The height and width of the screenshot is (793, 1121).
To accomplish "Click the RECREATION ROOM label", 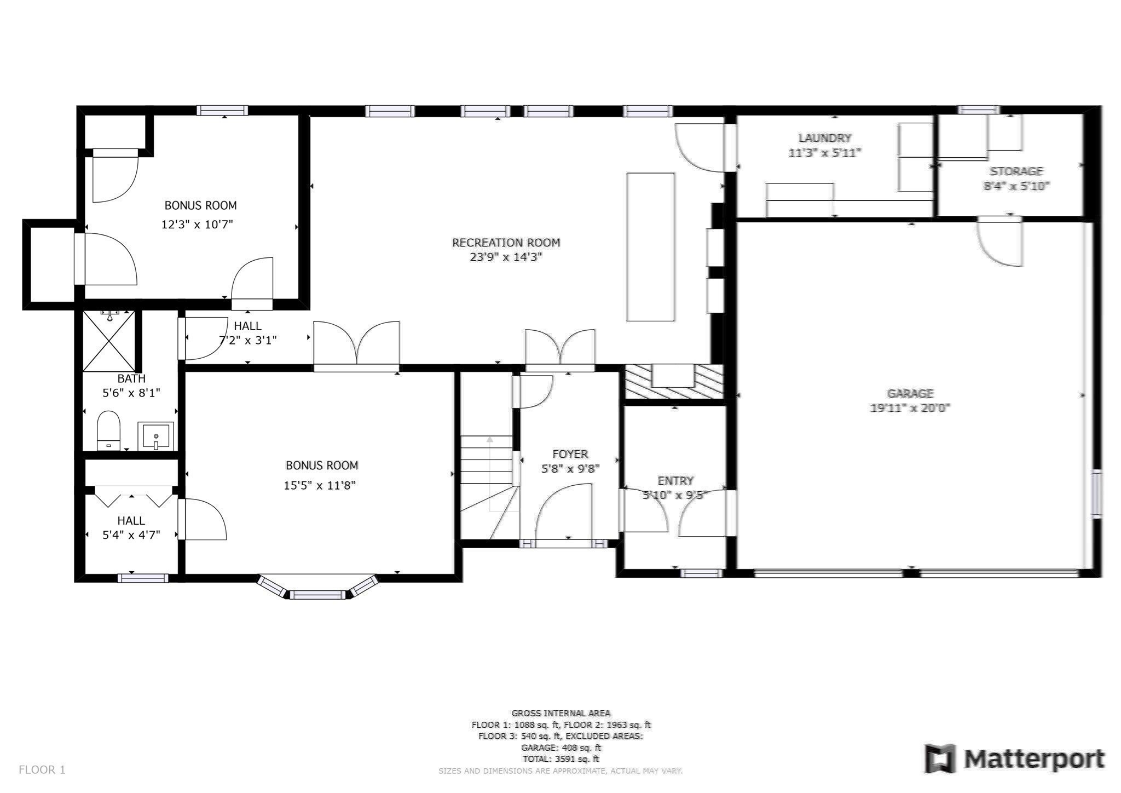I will point(506,242).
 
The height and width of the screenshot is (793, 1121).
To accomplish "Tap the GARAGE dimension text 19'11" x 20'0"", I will point(910,408).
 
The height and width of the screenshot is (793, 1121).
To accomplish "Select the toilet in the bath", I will point(108,430).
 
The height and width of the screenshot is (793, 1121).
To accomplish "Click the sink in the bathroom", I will point(155,436).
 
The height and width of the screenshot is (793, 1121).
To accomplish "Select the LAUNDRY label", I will point(824,138).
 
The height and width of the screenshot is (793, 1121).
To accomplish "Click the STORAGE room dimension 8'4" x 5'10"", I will point(1016,186).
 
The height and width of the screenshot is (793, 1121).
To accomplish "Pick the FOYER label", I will point(570,454).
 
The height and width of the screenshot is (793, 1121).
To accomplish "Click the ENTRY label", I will point(675,481).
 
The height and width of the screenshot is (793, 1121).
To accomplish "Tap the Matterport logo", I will point(1014,759).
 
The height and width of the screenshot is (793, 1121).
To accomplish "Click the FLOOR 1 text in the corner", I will point(42,769).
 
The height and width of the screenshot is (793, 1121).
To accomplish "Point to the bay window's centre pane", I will point(317,595).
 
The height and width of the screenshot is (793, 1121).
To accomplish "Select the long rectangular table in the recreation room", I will point(650,246).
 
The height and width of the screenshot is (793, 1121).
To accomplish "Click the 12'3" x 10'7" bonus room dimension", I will point(197,225).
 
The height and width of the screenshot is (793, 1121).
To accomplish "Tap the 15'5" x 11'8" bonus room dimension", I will point(320,485).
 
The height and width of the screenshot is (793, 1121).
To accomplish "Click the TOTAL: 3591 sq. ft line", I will point(560,759).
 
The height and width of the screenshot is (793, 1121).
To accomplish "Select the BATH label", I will point(131,378).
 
